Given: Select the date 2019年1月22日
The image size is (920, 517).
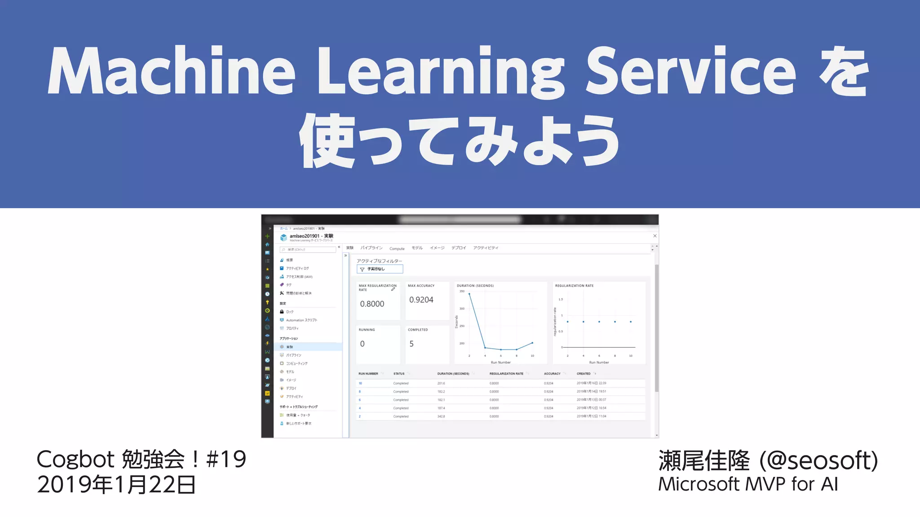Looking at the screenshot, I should [116, 485].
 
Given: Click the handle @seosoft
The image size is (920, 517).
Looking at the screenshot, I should [822, 460].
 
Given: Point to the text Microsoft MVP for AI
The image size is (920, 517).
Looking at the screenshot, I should [748, 484].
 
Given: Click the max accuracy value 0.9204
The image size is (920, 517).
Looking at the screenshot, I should [421, 300].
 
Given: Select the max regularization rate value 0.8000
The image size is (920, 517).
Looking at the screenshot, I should [372, 304].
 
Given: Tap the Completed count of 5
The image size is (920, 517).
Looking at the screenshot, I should [411, 344].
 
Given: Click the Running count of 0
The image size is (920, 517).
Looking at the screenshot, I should [363, 344].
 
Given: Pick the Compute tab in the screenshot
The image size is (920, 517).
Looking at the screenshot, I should [397, 249].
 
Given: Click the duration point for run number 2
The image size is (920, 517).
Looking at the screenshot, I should [469, 294].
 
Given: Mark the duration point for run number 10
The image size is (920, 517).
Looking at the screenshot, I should [532, 343].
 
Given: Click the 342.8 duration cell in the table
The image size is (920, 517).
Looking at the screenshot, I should [441, 416].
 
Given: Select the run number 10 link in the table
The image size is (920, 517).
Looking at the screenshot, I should [360, 383].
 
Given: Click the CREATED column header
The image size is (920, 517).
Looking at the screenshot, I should [584, 373].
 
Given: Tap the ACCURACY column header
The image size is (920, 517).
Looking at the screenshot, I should [552, 373].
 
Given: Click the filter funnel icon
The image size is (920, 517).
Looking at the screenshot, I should [362, 269].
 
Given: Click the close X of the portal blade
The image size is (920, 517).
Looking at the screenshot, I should [655, 236].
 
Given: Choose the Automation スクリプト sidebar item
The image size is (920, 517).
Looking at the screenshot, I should [301, 320].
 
